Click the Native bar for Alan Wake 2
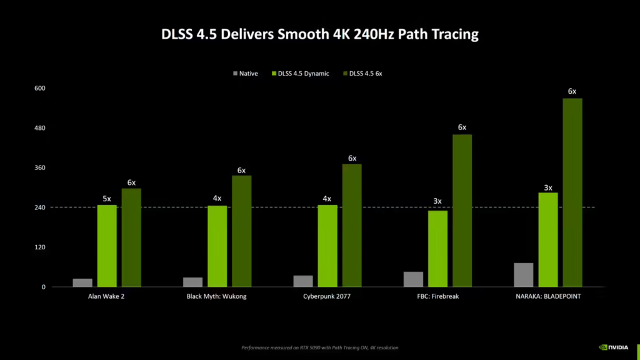(x=82, y=282)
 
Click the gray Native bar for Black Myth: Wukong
(x=192, y=282)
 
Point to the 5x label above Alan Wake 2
(x=107, y=199)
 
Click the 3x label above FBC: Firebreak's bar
(x=437, y=201)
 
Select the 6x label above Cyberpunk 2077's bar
(x=352, y=158)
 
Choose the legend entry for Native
(x=247, y=74)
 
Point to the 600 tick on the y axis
(x=40, y=88)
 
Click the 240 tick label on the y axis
(x=40, y=207)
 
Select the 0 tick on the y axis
(x=44, y=287)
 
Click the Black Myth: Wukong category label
(x=217, y=296)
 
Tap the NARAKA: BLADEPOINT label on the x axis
(x=548, y=296)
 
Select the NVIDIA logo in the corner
(x=614, y=347)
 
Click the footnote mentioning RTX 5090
(x=319, y=347)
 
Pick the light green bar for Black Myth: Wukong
(x=217, y=246)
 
